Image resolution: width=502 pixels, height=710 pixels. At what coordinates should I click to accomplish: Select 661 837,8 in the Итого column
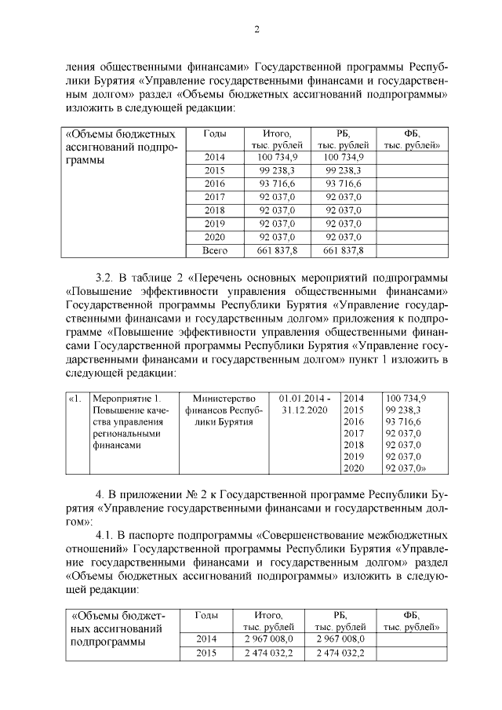point(277,250)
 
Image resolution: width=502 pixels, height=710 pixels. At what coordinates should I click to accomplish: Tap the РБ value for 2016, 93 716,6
point(344,183)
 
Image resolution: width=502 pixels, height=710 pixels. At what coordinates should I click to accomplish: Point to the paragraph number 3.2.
point(105,278)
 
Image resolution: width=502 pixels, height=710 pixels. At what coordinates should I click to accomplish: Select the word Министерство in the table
point(219,398)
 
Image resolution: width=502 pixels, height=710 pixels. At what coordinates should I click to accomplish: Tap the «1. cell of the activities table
point(75,398)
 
